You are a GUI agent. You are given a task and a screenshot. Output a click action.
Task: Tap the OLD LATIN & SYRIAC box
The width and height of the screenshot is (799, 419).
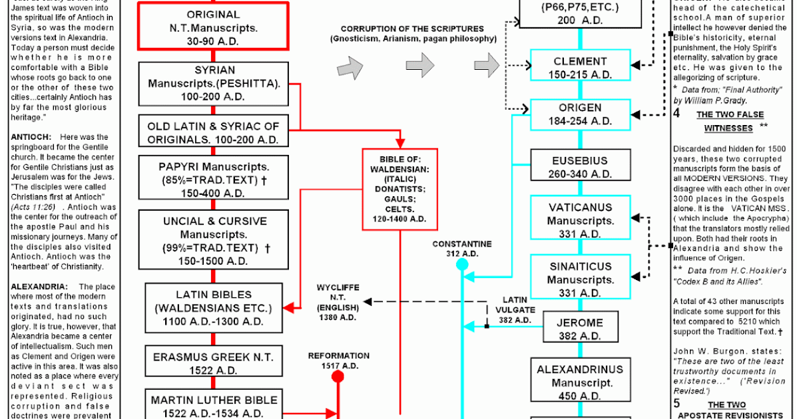(214, 132)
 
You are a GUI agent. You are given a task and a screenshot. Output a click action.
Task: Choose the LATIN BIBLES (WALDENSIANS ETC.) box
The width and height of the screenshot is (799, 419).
(214, 307)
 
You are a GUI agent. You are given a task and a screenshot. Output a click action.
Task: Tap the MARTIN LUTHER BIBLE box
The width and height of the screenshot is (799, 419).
(214, 404)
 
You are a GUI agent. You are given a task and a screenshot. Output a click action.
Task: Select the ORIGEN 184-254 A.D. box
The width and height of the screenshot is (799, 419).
(580, 114)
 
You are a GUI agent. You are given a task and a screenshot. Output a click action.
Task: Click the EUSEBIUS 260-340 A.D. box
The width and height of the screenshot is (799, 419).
(580, 167)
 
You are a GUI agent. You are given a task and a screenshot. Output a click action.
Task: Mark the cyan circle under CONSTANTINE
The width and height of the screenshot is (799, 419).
(462, 265)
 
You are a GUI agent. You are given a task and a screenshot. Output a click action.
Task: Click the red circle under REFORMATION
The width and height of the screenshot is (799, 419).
(338, 377)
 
